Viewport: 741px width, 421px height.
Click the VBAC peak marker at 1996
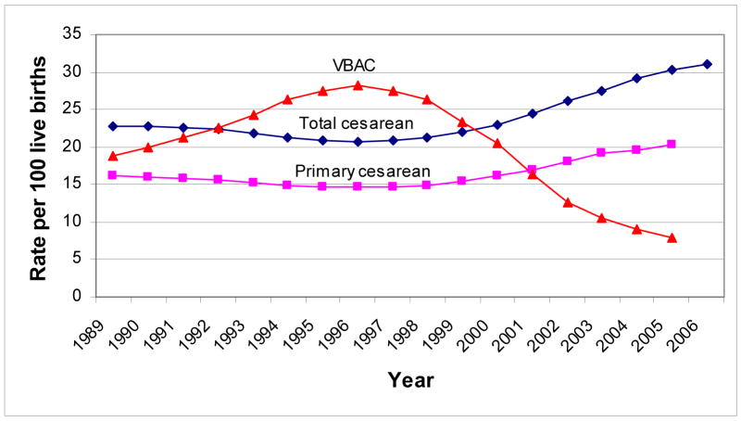[358, 85]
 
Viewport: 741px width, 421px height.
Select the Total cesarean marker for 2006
[708, 64]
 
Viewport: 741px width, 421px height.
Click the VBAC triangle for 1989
[113, 156]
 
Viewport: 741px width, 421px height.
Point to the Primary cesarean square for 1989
[113, 175]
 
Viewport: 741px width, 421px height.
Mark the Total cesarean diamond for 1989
[113, 126]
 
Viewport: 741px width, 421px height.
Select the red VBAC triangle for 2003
[602, 218]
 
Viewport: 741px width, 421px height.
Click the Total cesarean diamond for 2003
[602, 91]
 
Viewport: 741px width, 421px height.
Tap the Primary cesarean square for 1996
[358, 186]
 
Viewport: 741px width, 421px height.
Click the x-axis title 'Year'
[411, 379]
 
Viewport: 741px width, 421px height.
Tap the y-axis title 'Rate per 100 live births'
[39, 165]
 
